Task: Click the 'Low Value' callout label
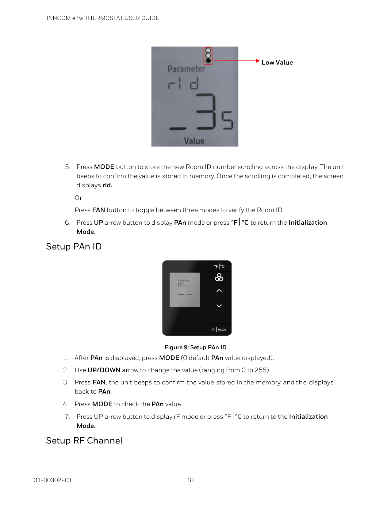[x=277, y=62]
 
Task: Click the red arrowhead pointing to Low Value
[x=258, y=61]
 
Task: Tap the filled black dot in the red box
[x=208, y=61]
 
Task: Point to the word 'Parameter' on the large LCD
[x=186, y=69]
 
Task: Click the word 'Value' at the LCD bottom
[x=194, y=141]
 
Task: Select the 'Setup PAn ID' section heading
[x=74, y=246]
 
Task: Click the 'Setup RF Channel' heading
[x=84, y=440]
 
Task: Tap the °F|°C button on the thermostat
[x=219, y=266]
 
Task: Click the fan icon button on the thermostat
[x=219, y=277]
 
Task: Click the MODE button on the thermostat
[x=219, y=330]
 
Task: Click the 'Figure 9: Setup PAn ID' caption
[x=195, y=347]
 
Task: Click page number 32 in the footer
[x=191, y=480]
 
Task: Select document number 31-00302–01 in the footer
[x=53, y=480]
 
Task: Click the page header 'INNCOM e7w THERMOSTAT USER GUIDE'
[x=103, y=18]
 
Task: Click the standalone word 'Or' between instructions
[x=78, y=198]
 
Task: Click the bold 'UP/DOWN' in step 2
[x=104, y=370]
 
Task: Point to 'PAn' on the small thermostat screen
[x=182, y=285]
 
